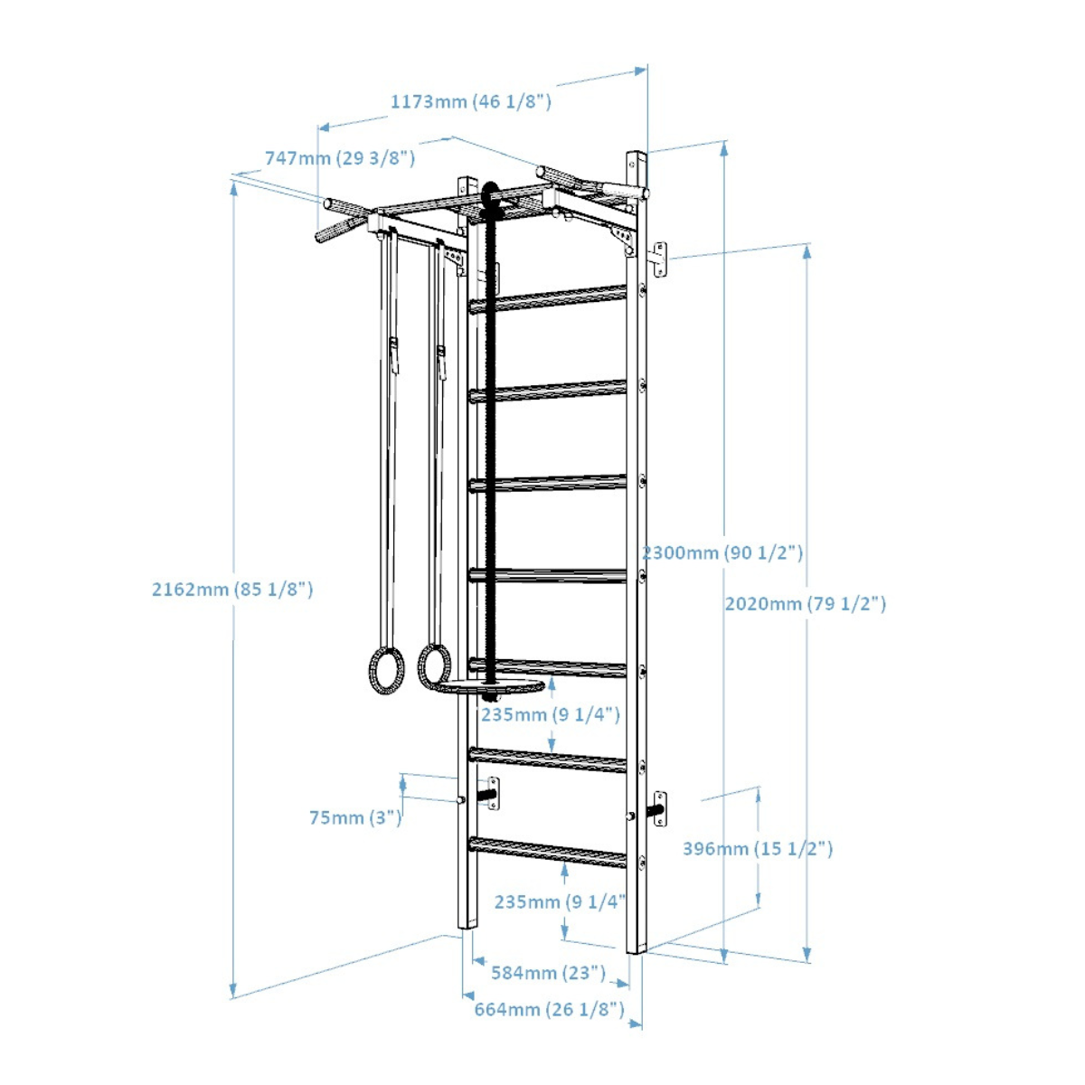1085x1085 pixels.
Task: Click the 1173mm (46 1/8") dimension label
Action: tap(471, 102)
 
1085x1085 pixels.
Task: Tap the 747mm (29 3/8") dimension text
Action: tap(340, 158)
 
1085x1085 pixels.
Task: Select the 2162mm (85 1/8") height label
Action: tap(232, 590)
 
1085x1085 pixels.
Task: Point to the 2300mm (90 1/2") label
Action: tap(723, 553)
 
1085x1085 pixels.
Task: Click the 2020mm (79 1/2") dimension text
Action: tap(806, 604)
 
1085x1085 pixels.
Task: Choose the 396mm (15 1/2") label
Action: tap(758, 849)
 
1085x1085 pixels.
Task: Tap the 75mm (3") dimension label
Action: tap(356, 817)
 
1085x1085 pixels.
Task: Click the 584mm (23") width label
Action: tap(549, 973)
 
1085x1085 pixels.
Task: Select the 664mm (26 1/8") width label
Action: tap(550, 1010)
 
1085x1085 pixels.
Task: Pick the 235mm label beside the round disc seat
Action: tap(550, 715)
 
